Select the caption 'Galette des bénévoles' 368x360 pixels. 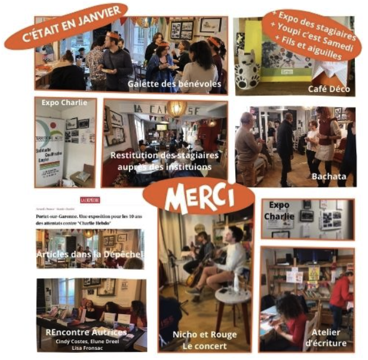pos(174,84)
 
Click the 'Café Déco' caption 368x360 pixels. pos(329,88)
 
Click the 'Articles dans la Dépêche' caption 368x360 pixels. pos(90,255)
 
